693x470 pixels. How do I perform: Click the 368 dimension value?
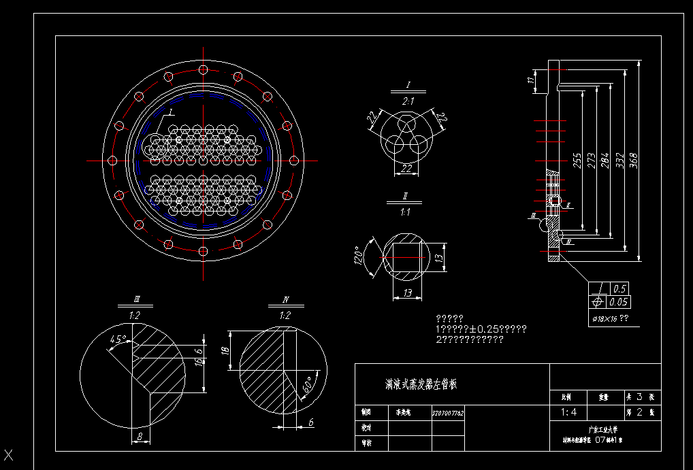point(633,160)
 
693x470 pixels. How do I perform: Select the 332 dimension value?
point(619,160)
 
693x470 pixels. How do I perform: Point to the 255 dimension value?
point(577,161)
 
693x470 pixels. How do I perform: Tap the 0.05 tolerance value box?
point(619,302)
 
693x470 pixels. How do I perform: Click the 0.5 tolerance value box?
point(619,288)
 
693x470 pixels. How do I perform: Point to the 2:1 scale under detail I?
point(408,101)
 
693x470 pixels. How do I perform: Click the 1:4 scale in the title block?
point(568,412)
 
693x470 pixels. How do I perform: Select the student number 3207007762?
point(448,412)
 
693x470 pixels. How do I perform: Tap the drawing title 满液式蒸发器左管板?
point(421,384)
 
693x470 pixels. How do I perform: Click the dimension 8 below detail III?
point(140,437)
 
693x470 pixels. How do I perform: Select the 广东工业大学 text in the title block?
point(604,430)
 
